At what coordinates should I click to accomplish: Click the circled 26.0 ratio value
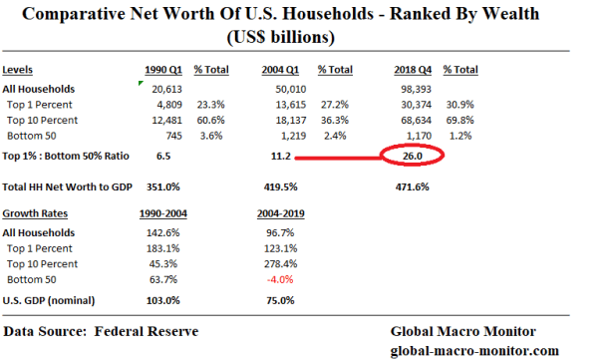click(x=412, y=157)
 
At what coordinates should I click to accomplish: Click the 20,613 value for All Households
click(x=167, y=90)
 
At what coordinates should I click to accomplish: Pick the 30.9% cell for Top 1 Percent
click(x=460, y=105)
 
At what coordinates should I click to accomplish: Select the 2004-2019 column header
click(x=281, y=213)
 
